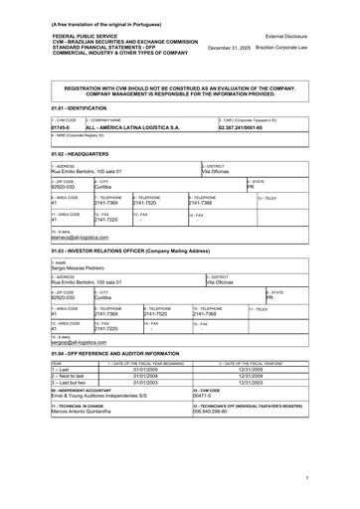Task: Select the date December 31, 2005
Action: pyautogui.click(x=234, y=47)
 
